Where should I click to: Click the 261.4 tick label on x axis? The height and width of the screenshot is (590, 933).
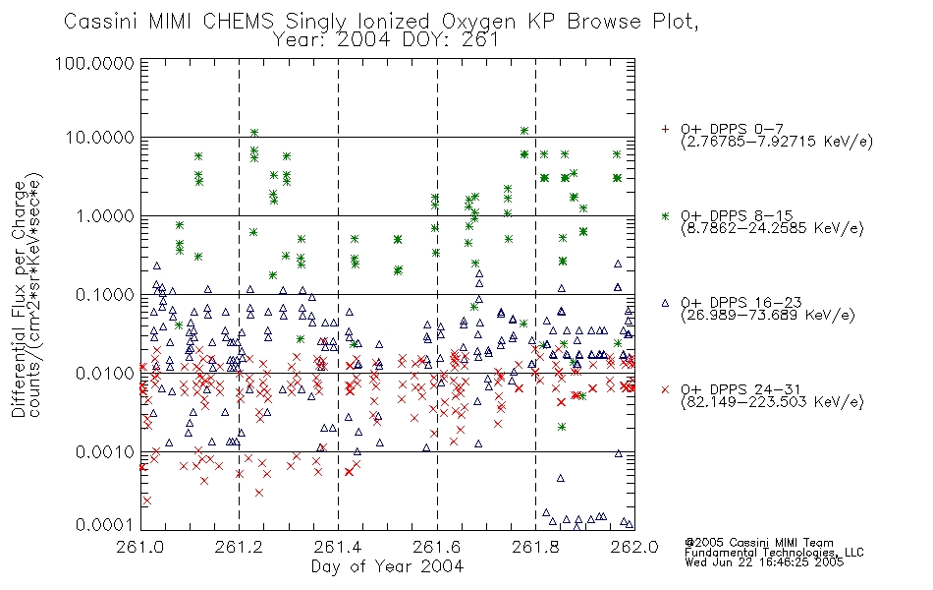[338, 547]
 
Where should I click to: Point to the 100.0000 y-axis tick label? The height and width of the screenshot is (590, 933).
[94, 63]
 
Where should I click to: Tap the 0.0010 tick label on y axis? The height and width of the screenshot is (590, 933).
[105, 452]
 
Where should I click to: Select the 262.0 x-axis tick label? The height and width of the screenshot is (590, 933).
[634, 547]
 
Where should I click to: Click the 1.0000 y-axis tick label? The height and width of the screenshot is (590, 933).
[105, 216]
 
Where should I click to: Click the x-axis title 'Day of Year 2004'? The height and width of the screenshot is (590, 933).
[387, 566]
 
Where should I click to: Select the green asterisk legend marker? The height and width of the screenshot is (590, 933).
[665, 216]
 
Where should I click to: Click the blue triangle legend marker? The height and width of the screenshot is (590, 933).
[665, 303]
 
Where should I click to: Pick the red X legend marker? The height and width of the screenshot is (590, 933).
[665, 389]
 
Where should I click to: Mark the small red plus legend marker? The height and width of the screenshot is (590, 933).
[665, 129]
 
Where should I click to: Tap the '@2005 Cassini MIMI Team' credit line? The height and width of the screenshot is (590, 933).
[759, 543]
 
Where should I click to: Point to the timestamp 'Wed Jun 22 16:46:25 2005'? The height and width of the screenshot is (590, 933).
[764, 562]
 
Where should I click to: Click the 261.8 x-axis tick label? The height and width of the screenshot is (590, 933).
[535, 547]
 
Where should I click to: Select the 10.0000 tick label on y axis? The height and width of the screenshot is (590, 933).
[100, 138]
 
